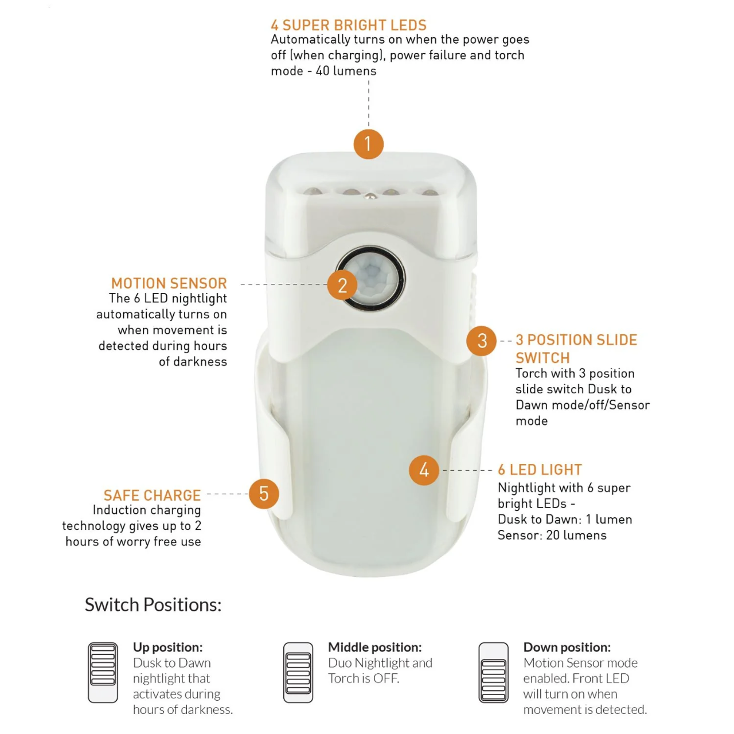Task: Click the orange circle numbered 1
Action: pyautogui.click(x=368, y=144)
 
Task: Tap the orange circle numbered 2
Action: pyautogui.click(x=342, y=285)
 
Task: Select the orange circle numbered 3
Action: pyautogui.click(x=482, y=341)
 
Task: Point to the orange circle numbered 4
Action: pyautogui.click(x=424, y=470)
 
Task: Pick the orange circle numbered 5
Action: pyautogui.click(x=264, y=494)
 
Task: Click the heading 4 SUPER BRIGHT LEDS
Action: pyautogui.click(x=349, y=25)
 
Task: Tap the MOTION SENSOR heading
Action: pyautogui.click(x=169, y=283)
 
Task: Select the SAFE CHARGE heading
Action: pyautogui.click(x=152, y=495)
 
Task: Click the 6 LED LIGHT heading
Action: pyautogui.click(x=540, y=470)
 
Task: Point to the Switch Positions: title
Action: pyautogui.click(x=153, y=604)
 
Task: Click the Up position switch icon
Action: pyautogui.click(x=103, y=673)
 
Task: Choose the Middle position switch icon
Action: pyautogui.click(x=298, y=673)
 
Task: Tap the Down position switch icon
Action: pyautogui.click(x=494, y=673)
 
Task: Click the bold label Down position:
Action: pyautogui.click(x=567, y=647)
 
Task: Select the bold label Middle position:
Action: pyautogui.click(x=374, y=647)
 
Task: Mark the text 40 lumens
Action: pyautogui.click(x=346, y=71)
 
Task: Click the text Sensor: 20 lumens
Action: pyautogui.click(x=552, y=535)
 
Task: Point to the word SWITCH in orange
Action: pyautogui.click(x=542, y=358)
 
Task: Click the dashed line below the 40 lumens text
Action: pyautogui.click(x=369, y=103)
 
